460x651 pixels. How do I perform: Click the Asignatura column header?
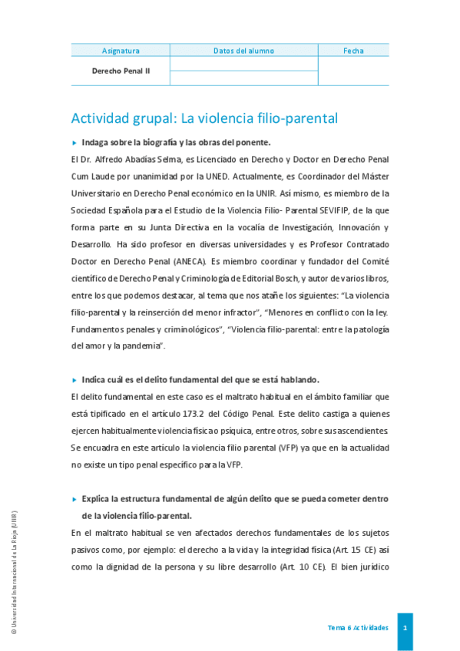point(121,51)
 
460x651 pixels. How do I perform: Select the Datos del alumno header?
point(243,51)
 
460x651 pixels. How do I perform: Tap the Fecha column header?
point(353,51)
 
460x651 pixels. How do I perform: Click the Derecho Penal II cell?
point(121,70)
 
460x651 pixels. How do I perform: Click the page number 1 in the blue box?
point(405,628)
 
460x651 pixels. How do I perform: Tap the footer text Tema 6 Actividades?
point(358,628)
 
